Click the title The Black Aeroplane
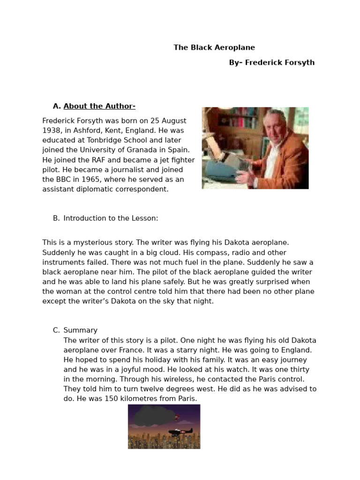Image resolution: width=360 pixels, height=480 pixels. [214, 47]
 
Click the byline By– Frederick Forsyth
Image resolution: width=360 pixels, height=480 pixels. [272, 62]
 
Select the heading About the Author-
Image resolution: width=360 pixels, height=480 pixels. [99, 106]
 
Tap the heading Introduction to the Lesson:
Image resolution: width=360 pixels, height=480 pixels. [111, 218]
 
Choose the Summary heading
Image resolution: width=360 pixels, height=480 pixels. [80, 330]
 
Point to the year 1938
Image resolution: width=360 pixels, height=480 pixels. [52, 130]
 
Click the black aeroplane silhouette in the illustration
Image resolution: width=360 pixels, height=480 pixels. [180, 432]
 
